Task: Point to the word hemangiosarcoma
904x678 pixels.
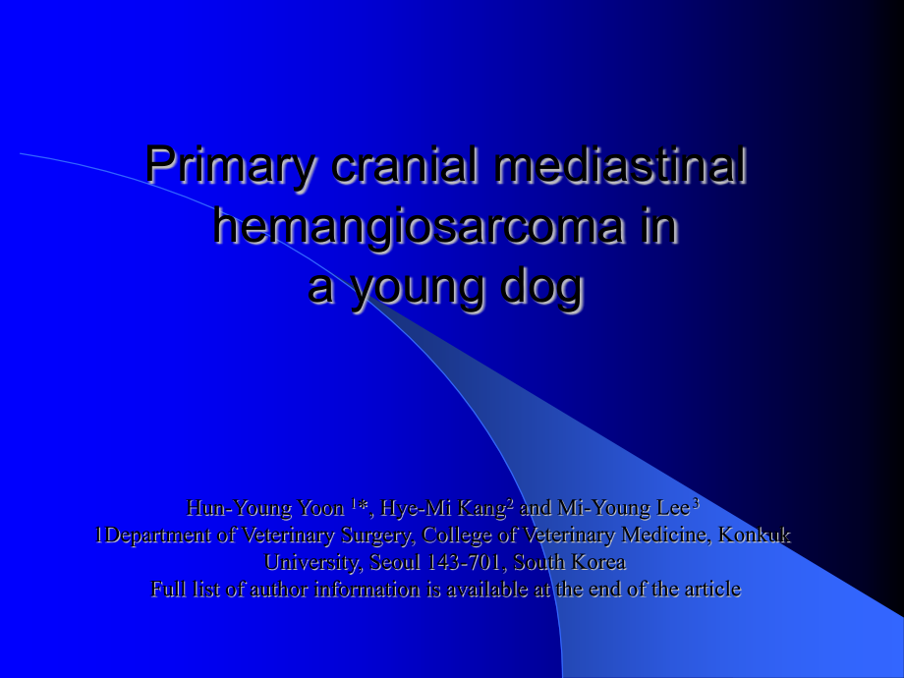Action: tap(419, 228)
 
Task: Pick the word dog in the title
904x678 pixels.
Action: tap(542, 288)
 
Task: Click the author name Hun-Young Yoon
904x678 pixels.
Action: tap(265, 509)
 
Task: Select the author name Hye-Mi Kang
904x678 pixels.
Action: tap(443, 509)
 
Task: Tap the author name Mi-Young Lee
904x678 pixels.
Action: tap(624, 508)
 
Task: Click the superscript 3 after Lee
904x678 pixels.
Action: tap(696, 504)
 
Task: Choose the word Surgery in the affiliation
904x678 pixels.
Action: tap(377, 536)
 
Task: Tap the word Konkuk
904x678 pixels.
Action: tap(754, 535)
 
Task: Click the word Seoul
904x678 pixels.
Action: tap(395, 562)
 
